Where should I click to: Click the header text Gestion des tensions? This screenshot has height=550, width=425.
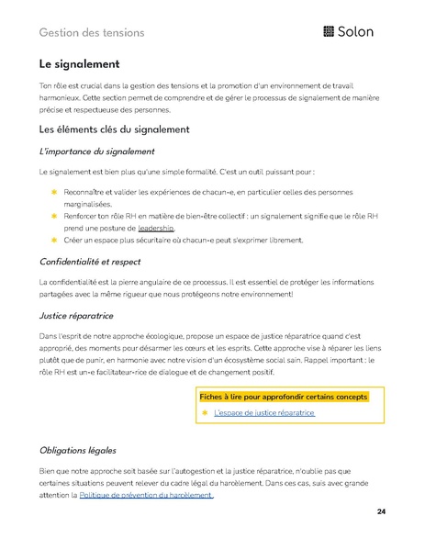pos(92,33)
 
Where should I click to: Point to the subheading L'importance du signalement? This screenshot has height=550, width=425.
pos(96,151)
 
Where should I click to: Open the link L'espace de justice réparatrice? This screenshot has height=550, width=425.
pos(263,413)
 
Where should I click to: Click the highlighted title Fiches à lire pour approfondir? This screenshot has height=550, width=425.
pos(283,397)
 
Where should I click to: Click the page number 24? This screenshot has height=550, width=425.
pos(381,511)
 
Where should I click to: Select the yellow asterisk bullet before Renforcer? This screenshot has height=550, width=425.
pos(53,215)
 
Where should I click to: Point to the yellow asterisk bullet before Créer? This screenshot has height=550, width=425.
pos(53,240)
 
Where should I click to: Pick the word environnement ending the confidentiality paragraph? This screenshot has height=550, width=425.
pos(262,294)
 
